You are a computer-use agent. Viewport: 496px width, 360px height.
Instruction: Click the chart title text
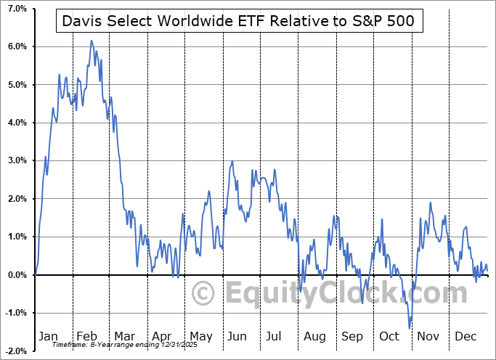[238, 22]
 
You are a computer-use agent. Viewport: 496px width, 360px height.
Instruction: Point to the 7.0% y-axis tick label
[16, 9]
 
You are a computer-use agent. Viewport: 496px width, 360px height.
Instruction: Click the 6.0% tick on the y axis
[16, 46]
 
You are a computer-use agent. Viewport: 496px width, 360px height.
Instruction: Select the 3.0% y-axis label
[16, 160]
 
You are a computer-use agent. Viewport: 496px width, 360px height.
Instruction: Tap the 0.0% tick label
[16, 274]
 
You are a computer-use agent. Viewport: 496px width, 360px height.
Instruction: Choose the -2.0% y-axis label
[15, 351]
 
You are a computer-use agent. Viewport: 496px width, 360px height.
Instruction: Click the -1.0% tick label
[15, 313]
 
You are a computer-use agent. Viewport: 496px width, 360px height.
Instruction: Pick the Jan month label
[48, 337]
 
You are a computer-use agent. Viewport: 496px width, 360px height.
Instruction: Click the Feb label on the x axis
[86, 337]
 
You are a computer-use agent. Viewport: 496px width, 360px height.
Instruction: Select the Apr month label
[160, 337]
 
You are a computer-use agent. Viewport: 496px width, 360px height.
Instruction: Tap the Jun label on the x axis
[237, 337]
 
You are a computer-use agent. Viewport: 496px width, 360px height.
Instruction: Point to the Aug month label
[314, 337]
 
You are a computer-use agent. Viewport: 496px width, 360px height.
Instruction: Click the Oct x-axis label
[389, 337]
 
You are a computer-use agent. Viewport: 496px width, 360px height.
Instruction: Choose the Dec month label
[465, 337]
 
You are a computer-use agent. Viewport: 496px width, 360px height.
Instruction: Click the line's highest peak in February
[92, 41]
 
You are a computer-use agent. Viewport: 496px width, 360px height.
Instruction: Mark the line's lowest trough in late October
[409, 328]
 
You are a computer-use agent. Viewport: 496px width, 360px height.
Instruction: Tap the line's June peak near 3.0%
[232, 161]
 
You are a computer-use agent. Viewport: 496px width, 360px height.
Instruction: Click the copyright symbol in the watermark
[203, 294]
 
